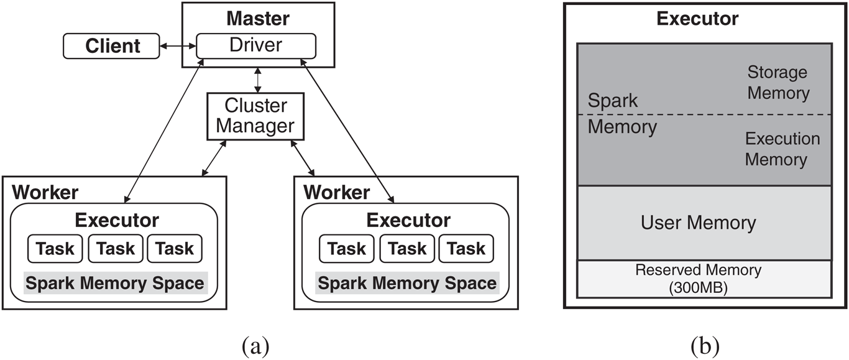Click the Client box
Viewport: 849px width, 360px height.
(112, 46)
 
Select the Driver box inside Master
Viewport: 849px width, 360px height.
(255, 45)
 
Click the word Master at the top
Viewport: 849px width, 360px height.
(258, 17)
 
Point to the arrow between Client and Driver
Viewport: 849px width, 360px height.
(178, 46)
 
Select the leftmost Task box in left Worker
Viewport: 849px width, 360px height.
(55, 249)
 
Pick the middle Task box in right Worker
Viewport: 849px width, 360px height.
(407, 249)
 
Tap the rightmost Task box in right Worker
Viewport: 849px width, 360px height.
(466, 249)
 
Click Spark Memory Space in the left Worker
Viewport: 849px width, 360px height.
(116, 284)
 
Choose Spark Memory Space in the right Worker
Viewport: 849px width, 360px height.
(407, 284)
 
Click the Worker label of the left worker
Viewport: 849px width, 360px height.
(45, 192)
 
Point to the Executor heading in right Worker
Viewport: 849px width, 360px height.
(408, 220)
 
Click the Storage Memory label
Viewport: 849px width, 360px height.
(778, 83)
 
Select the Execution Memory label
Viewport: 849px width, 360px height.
(782, 149)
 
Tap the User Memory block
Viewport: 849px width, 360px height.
(698, 223)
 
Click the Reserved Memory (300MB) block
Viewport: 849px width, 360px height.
(698, 278)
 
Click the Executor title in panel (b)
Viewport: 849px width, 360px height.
(697, 19)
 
